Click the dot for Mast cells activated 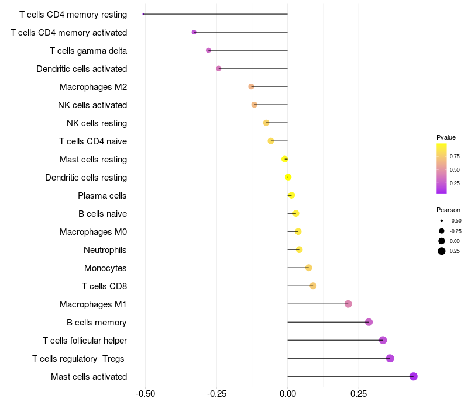[x=413, y=376]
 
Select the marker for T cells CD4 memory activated [x=194, y=32]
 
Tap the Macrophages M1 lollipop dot [x=348, y=304]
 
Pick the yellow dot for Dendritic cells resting [x=288, y=178]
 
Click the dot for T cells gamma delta [x=208, y=50]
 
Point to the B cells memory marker [x=369, y=322]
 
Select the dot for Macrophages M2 [x=252, y=86]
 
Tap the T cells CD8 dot [x=313, y=286]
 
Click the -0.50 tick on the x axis [x=145, y=394]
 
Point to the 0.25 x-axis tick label [x=359, y=394]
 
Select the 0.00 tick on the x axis [x=288, y=394]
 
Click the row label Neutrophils [x=105, y=250]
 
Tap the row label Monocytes [x=105, y=268]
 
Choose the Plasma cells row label [x=102, y=196]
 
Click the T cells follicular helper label [x=85, y=341]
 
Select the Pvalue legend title [x=446, y=137]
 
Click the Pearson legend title [x=448, y=210]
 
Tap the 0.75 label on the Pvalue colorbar [x=455, y=157]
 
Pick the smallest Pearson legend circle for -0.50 [x=442, y=221]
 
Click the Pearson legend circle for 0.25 [x=442, y=251]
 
